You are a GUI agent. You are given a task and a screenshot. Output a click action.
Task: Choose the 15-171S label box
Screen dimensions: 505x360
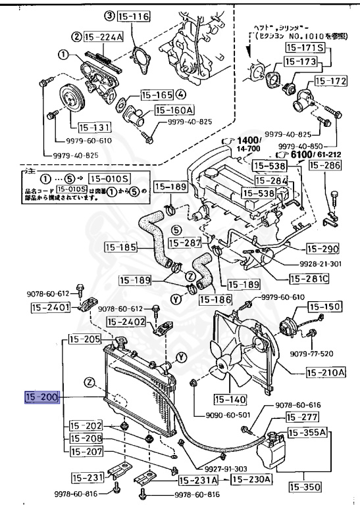click(x=303, y=48)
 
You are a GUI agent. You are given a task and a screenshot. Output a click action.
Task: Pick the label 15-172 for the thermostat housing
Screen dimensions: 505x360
click(x=330, y=81)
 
